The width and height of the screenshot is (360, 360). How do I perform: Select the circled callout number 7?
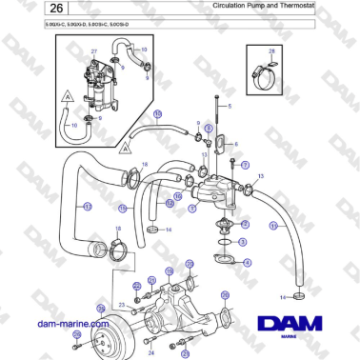pos(245,165)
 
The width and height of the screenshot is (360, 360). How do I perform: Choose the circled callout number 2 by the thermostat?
pos(246,225)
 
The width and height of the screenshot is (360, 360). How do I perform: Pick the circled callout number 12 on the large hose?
pos(88,207)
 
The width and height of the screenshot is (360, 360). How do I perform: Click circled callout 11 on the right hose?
pos(273,226)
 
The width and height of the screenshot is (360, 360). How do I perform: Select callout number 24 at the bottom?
pos(150,353)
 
